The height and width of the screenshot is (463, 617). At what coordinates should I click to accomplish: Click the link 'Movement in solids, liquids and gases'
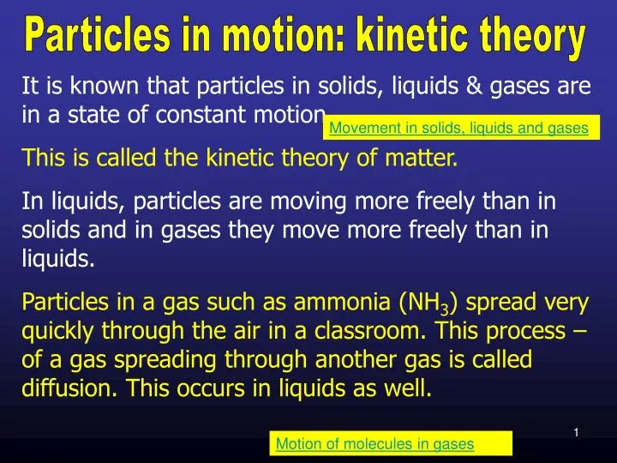point(458,129)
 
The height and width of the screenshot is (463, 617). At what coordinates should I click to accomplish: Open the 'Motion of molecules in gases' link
point(374,443)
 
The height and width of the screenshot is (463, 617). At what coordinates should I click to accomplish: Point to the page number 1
point(577,433)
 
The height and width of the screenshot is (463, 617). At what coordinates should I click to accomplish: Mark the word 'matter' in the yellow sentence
point(425,158)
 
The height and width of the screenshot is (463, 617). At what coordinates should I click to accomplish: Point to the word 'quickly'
point(54,330)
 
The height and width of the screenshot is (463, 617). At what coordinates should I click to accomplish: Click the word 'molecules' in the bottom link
point(369,443)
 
